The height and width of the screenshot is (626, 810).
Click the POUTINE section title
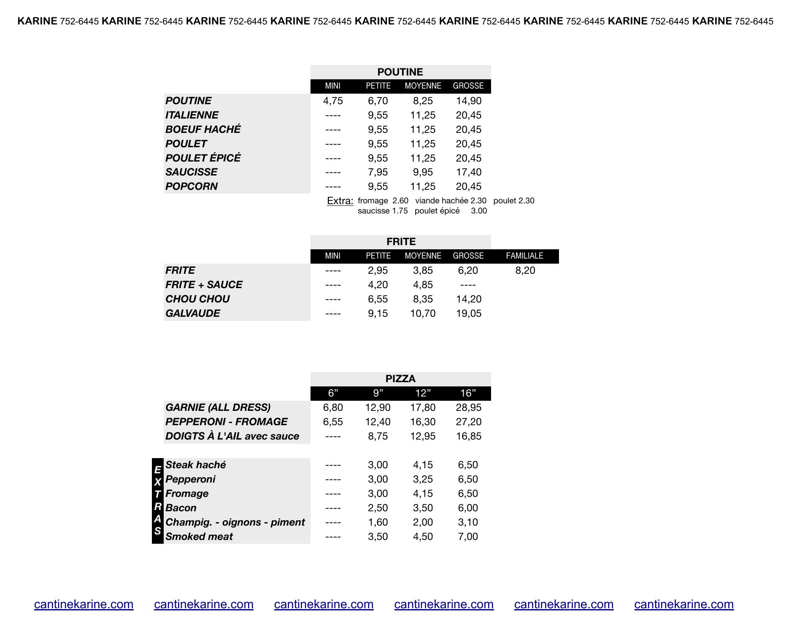400,72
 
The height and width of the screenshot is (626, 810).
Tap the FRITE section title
401,242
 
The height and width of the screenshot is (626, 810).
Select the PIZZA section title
400,379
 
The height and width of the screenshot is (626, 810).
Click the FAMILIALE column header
524,256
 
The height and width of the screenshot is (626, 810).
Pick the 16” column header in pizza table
468,394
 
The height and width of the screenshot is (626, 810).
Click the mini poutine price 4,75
333,101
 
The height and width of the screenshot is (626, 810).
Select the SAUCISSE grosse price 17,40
468,172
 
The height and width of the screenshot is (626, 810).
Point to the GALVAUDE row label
193,313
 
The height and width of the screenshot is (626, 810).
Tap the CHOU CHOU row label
197,299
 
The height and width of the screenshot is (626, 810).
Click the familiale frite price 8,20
525,270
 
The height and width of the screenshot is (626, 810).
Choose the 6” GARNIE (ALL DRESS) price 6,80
333,407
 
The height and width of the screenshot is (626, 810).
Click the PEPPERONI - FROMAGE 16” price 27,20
468,422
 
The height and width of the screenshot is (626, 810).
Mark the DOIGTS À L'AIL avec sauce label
232,436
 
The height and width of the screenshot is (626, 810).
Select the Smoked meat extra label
199,537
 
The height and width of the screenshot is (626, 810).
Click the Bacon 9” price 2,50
378,508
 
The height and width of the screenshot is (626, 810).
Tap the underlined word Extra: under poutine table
340,201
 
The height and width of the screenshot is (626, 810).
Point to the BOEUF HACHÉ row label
203,130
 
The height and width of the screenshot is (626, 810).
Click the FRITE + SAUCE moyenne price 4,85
423,285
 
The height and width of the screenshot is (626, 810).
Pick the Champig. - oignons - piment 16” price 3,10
468,522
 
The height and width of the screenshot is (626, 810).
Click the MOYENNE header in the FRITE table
423,256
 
